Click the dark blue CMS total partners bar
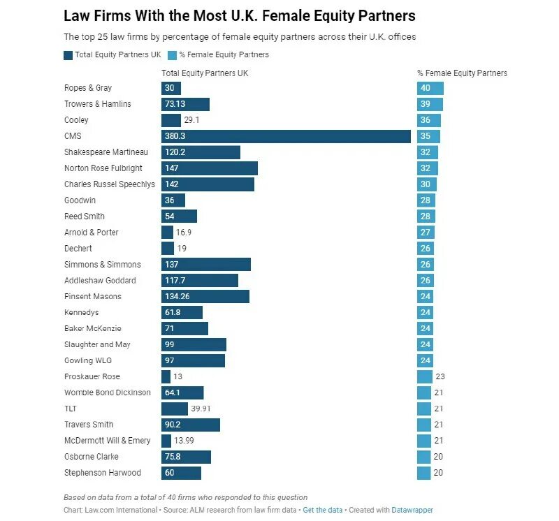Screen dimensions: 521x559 tap(286, 136)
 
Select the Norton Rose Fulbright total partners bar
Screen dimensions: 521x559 tap(210, 168)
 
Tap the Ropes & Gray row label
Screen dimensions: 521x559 tap(88, 88)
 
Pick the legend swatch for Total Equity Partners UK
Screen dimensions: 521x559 tap(68, 54)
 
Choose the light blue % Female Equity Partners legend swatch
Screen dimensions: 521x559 tap(172, 54)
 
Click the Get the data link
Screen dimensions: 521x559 tap(323, 511)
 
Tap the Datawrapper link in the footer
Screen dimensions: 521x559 tap(412, 511)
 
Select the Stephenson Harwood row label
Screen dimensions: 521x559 tap(103, 473)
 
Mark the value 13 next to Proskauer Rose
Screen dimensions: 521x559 tap(178, 376)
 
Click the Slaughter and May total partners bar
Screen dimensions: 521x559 tap(194, 344)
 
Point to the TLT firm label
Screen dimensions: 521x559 tap(71, 409)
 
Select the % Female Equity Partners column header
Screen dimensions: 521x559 tap(462, 73)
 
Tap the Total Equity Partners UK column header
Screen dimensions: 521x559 tap(205, 73)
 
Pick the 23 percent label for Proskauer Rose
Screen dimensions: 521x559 tap(440, 376)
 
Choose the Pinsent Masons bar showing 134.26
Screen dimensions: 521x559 tap(205, 296)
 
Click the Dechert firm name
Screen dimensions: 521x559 tap(78, 248)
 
